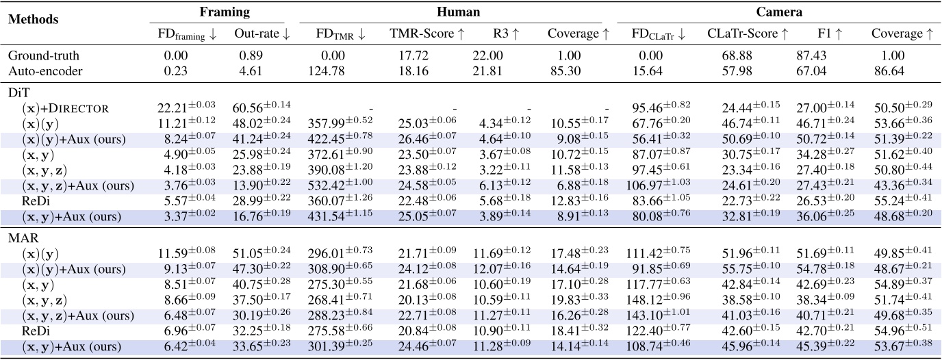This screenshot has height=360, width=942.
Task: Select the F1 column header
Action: pyautogui.click(x=824, y=33)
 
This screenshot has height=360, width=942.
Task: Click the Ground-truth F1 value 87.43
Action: pyautogui.click(x=813, y=55)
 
